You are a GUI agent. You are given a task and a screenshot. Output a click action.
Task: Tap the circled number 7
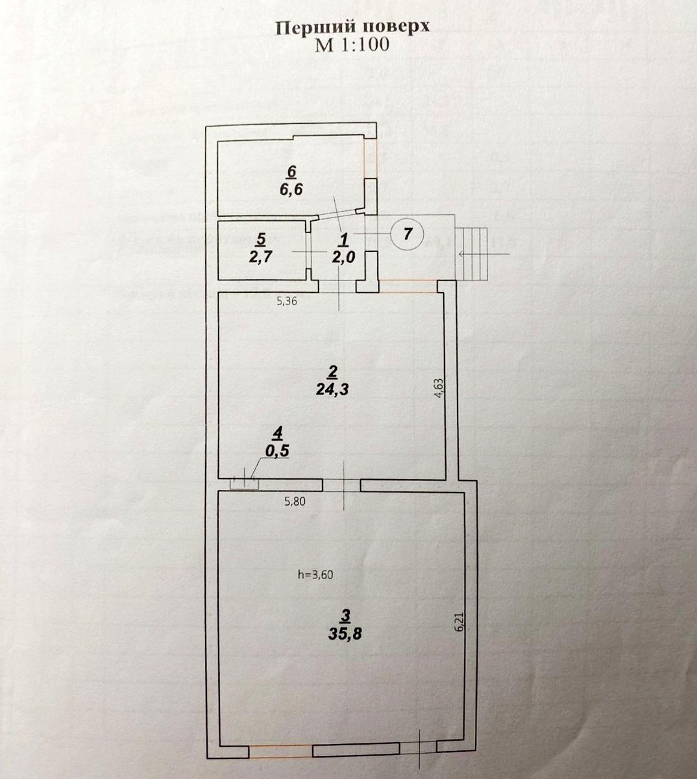[x=407, y=234]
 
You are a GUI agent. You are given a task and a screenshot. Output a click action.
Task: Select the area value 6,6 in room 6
[x=291, y=190]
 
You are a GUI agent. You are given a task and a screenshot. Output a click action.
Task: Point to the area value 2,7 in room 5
[x=260, y=255]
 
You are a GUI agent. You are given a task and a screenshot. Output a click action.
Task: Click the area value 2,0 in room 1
[x=343, y=256]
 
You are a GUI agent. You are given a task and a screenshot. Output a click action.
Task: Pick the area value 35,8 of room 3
[x=345, y=634]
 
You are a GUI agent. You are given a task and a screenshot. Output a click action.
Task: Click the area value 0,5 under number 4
[x=277, y=451]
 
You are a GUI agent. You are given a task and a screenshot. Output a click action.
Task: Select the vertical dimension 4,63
[x=439, y=391]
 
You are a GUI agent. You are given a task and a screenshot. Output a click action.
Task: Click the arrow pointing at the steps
[x=477, y=254]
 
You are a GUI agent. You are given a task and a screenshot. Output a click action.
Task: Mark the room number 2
[x=332, y=371]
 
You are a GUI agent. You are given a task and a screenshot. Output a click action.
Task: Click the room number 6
[x=291, y=171]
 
